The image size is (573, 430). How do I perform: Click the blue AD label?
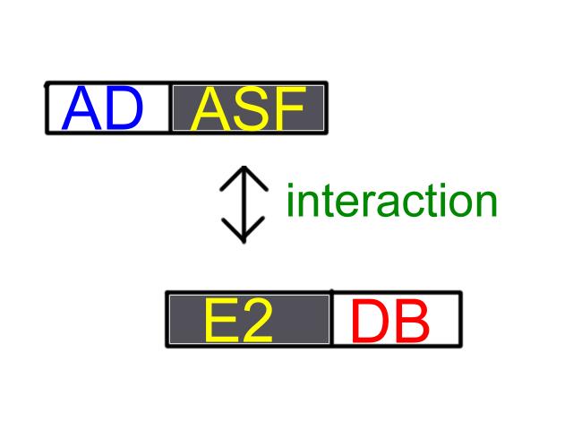tap(102, 107)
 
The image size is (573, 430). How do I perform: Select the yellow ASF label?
tap(248, 108)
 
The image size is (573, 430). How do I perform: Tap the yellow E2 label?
tap(239, 320)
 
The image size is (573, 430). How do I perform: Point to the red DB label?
tap(390, 321)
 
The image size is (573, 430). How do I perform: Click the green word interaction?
tap(392, 200)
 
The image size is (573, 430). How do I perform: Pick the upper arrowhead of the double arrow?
tap(244, 178)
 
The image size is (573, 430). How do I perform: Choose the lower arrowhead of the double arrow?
tap(244, 229)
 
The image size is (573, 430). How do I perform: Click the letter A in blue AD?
tap(81, 107)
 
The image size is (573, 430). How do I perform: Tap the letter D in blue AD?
tap(124, 107)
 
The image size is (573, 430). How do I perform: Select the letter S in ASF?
tap(253, 108)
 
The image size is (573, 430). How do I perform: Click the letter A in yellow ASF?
tap(211, 108)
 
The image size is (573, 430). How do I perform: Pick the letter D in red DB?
tap(370, 321)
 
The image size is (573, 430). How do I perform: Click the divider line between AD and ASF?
tap(170, 107)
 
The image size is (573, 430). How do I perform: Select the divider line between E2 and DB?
tap(331, 319)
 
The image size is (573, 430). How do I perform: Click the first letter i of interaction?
tap(290, 200)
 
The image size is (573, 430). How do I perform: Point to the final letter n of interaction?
tap(485, 203)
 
